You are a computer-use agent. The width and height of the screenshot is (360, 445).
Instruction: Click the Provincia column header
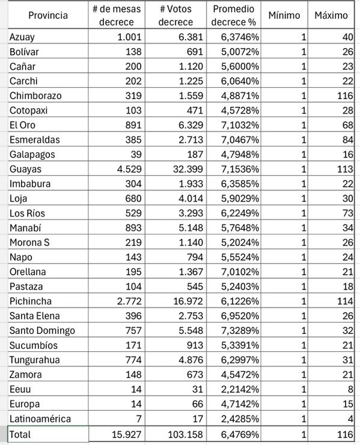pyautogui.click(x=48, y=15)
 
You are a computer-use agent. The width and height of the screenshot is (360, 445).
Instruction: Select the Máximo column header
pyautogui.click(x=331, y=15)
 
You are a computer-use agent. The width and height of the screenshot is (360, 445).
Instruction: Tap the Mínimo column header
pyautogui.click(x=284, y=15)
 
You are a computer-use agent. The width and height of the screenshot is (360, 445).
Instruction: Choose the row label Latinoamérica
pyautogui.click(x=40, y=418)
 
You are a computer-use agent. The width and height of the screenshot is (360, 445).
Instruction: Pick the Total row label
pyautogui.click(x=20, y=434)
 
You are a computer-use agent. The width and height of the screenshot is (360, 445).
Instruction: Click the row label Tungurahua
pyautogui.click(x=35, y=360)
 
